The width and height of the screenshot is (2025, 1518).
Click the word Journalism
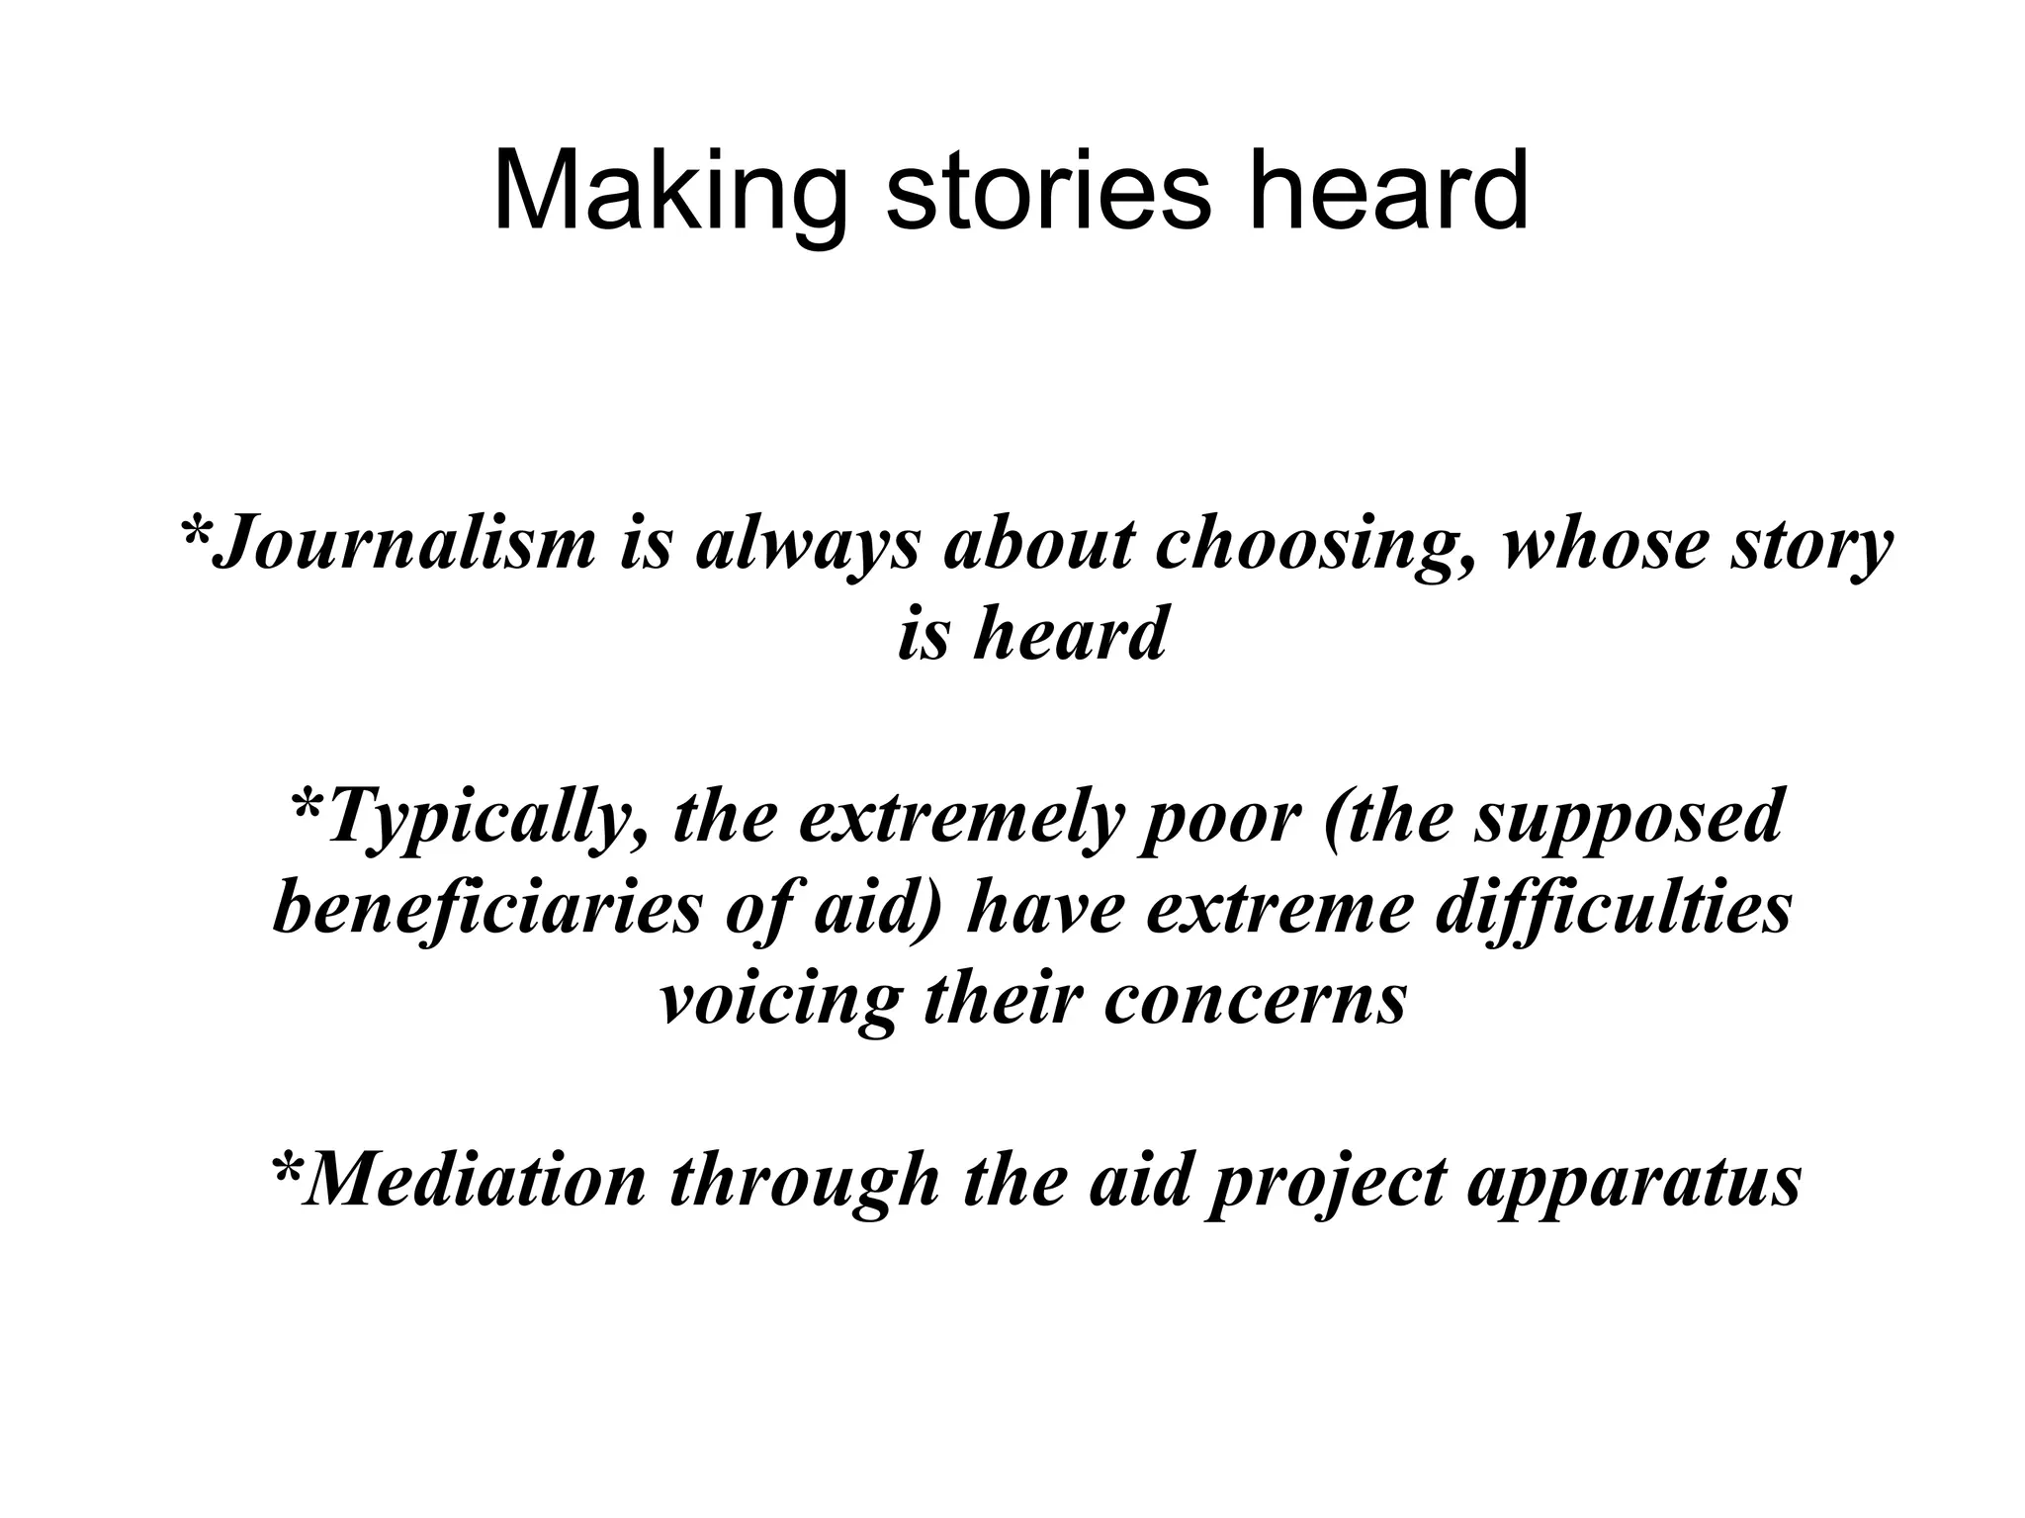(405, 545)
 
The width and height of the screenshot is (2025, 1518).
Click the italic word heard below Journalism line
(1070, 633)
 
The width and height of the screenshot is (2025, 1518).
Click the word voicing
(780, 1001)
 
